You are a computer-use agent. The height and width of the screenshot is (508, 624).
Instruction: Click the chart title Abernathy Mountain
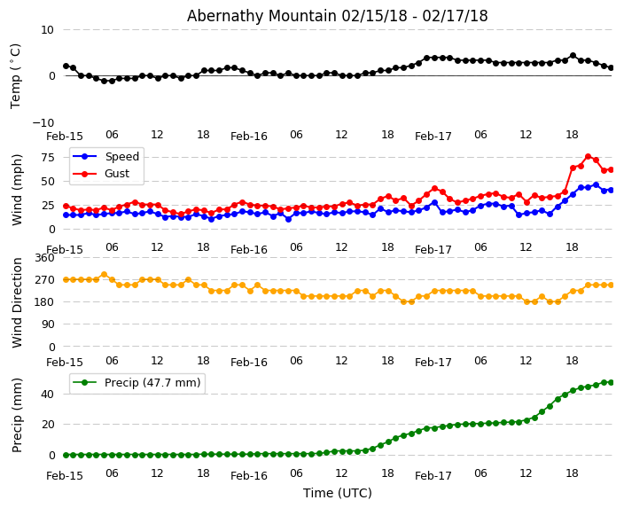tap(337, 16)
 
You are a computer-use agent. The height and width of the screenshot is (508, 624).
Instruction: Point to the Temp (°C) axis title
tap(16, 75)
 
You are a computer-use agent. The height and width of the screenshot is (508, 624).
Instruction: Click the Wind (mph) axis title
tap(18, 189)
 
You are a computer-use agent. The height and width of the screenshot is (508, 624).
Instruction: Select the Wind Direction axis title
tap(18, 302)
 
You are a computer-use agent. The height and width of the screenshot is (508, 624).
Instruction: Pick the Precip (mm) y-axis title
tap(18, 415)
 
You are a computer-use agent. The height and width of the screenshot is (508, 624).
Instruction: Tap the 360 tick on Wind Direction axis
tap(43, 258)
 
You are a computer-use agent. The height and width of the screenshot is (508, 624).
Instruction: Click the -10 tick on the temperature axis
tap(43, 122)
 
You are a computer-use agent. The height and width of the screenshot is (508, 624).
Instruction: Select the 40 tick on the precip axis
tap(48, 394)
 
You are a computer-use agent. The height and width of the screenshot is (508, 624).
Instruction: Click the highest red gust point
tap(588, 157)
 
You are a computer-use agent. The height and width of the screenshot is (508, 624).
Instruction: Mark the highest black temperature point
tap(573, 56)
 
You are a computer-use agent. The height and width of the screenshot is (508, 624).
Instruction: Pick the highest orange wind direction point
tap(104, 274)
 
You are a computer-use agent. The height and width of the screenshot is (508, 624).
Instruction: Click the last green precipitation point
tap(611, 382)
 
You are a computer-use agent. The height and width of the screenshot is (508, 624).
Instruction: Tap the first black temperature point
tap(66, 66)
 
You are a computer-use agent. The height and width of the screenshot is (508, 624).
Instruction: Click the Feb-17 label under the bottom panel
tap(433, 476)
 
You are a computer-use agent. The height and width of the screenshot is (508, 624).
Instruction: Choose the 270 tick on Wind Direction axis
tap(43, 279)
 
